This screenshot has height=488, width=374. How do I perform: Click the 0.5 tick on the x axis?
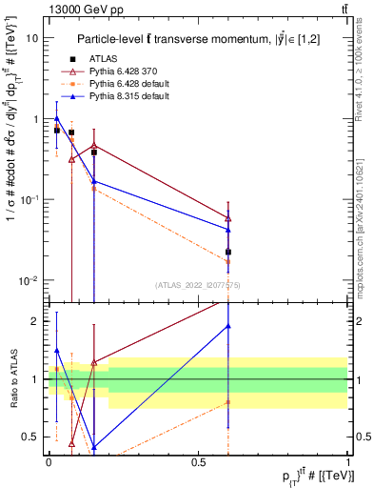(198, 461)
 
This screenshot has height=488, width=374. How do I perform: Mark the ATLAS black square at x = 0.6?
(228, 253)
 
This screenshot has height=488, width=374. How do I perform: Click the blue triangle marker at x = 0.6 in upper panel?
(228, 229)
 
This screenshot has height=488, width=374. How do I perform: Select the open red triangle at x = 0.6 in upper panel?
(228, 217)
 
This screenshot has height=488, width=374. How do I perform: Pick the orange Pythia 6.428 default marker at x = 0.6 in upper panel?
(228, 261)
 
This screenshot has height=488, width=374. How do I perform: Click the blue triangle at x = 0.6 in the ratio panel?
(228, 326)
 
